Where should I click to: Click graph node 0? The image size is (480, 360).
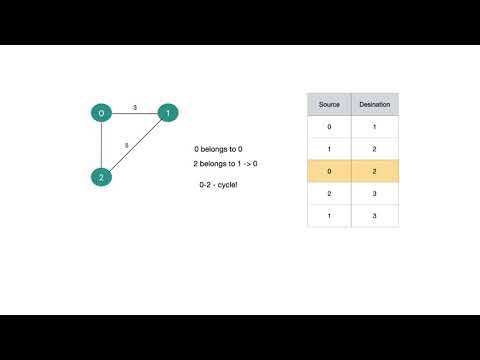101,114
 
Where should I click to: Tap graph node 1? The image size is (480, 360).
169,114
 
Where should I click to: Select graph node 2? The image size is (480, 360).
101,178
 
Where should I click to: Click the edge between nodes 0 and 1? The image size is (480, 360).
135,114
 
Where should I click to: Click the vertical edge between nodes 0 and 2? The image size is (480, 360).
101,146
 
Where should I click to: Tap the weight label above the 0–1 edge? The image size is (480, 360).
135,106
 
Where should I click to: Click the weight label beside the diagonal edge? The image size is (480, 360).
126,146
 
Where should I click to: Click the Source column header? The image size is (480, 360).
329,104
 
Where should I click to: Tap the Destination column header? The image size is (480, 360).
375,104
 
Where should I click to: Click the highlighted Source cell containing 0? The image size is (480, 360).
329,172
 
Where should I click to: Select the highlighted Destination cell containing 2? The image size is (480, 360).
375,172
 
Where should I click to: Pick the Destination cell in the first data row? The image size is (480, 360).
375,127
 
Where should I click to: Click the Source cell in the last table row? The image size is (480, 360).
329,216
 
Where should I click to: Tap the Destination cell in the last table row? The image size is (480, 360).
375,216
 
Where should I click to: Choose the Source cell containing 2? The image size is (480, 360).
329,194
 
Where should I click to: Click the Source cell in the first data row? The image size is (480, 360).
329,127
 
